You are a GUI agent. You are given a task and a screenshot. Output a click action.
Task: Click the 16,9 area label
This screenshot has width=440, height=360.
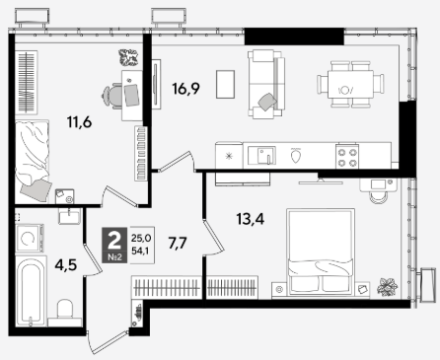185,89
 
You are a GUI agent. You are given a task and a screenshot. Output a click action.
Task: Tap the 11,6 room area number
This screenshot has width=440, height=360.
79,122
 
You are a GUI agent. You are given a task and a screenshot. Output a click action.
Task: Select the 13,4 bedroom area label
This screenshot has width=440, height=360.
251,219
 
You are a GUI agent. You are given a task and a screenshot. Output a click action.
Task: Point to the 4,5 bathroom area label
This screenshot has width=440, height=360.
66,264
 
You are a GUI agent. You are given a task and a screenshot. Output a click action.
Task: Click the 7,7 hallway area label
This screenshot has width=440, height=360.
178,244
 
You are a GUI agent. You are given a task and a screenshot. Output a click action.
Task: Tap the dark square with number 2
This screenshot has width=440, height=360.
114,245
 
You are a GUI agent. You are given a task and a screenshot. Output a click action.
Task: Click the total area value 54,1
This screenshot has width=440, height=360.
140,252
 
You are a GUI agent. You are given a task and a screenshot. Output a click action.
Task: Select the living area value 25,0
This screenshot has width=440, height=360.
141,238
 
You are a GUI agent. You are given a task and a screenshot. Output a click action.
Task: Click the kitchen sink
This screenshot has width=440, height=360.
261,156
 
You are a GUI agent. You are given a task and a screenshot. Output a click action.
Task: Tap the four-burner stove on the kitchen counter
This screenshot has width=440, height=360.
347,157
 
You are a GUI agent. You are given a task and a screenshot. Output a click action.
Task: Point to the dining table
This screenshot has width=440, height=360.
350,84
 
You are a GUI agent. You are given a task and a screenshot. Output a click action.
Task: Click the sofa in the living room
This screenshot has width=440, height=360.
266,84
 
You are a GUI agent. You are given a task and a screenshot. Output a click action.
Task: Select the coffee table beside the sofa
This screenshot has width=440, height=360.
225,84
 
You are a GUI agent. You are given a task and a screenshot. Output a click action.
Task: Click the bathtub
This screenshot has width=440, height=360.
31,291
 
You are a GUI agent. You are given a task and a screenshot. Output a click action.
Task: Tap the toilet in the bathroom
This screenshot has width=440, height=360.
65,313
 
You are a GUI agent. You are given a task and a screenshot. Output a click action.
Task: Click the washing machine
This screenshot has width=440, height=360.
30,238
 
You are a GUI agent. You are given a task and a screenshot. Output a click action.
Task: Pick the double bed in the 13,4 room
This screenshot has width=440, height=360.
321,251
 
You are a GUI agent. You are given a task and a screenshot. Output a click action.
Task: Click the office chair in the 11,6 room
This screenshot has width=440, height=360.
111,96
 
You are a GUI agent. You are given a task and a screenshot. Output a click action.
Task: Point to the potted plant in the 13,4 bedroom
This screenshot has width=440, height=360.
388,286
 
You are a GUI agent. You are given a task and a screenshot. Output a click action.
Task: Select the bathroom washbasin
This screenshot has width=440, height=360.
69,216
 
